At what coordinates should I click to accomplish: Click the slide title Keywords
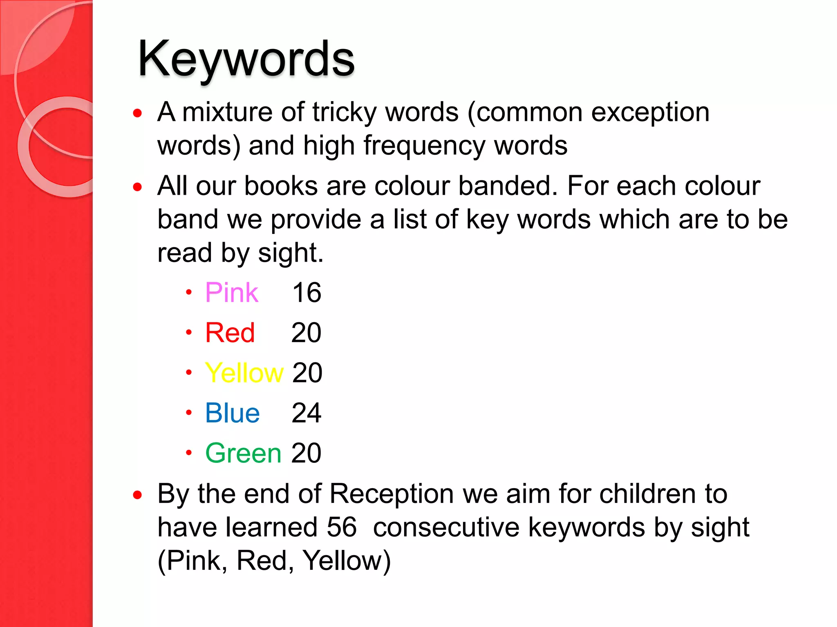click(x=246, y=59)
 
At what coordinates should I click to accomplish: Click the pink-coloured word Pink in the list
click(x=231, y=293)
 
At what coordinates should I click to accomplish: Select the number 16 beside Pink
click(x=307, y=293)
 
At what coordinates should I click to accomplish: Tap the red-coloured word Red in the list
click(x=230, y=333)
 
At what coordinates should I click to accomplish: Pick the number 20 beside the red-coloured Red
click(x=306, y=333)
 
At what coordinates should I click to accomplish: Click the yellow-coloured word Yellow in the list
click(x=244, y=373)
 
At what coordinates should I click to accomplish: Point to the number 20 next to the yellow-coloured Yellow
click(x=307, y=373)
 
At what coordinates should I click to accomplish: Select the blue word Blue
click(x=232, y=413)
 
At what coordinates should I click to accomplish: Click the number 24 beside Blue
click(x=307, y=413)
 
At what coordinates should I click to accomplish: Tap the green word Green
click(x=243, y=453)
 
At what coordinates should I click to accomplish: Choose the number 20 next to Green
click(x=306, y=453)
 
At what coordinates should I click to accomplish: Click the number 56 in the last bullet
click(x=342, y=527)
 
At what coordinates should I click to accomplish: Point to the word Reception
click(x=392, y=494)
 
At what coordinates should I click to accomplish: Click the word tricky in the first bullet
click(x=344, y=113)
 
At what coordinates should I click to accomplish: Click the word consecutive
click(x=446, y=527)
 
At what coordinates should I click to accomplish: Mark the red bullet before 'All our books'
click(x=138, y=187)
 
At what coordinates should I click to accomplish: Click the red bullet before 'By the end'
click(x=138, y=495)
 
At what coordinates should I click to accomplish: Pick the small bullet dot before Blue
click(x=188, y=413)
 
